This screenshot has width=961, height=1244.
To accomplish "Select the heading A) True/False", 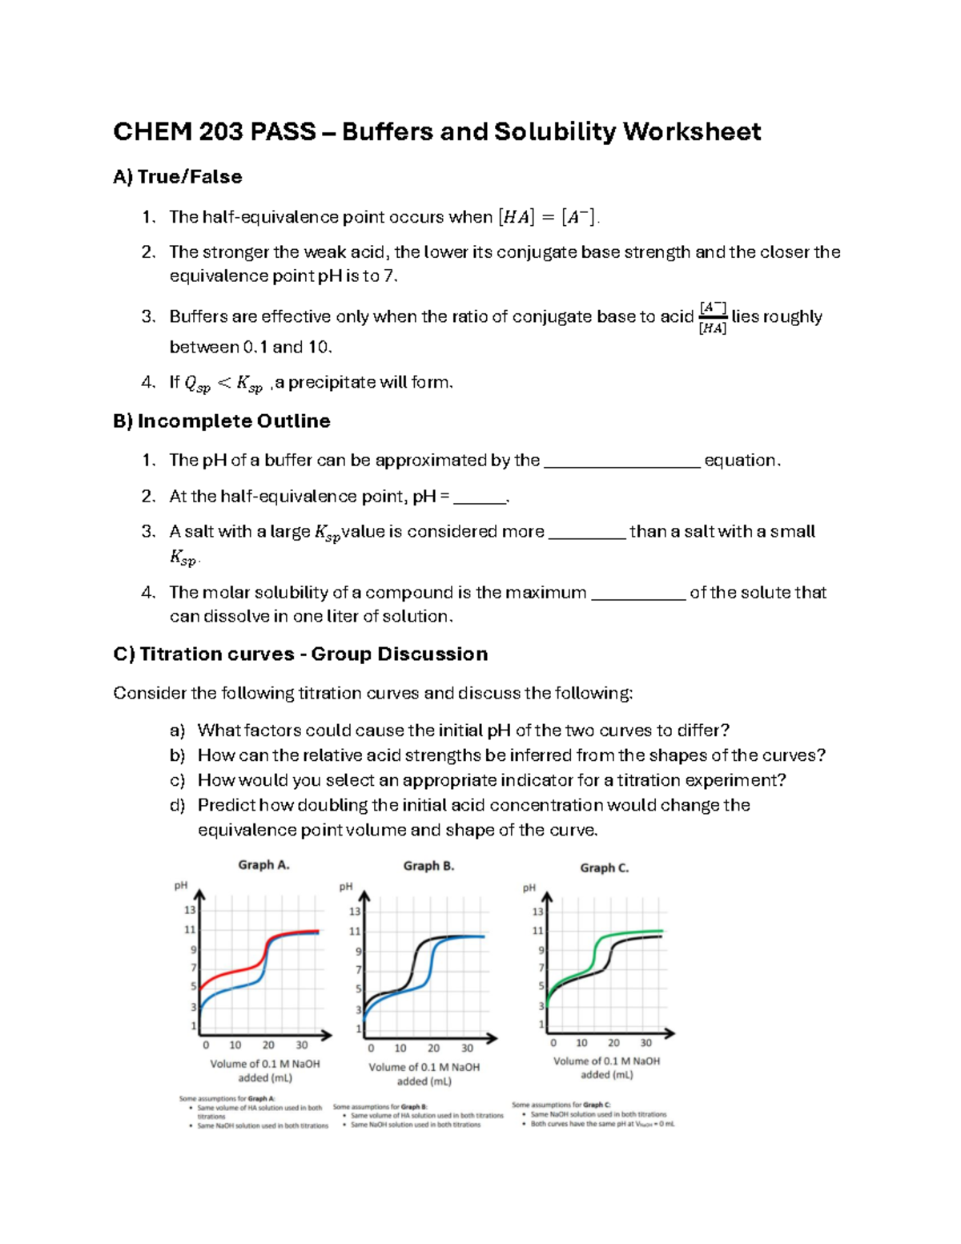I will click(x=177, y=176).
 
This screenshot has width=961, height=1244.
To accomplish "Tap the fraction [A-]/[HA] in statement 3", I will click(x=713, y=318).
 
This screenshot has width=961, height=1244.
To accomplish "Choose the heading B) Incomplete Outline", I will click(x=221, y=421).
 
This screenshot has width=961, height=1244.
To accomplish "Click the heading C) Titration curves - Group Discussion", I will click(x=300, y=654).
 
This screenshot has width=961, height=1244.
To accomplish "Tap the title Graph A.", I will click(x=263, y=865).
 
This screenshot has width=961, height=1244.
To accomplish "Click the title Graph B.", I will click(x=428, y=866).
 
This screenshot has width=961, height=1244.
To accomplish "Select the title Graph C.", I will click(x=604, y=868).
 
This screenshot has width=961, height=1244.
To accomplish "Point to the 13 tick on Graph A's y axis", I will click(x=190, y=910).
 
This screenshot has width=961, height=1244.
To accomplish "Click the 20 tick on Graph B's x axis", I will click(x=433, y=1048).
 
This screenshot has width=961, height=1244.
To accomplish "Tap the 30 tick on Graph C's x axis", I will click(x=645, y=1043).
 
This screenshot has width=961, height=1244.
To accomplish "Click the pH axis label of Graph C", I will click(x=529, y=888).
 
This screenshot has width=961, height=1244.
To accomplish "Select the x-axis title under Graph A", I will click(x=264, y=1071).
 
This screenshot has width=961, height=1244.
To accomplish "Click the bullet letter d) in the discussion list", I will click(x=177, y=805).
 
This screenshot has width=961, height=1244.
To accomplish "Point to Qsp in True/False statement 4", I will click(x=197, y=384).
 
